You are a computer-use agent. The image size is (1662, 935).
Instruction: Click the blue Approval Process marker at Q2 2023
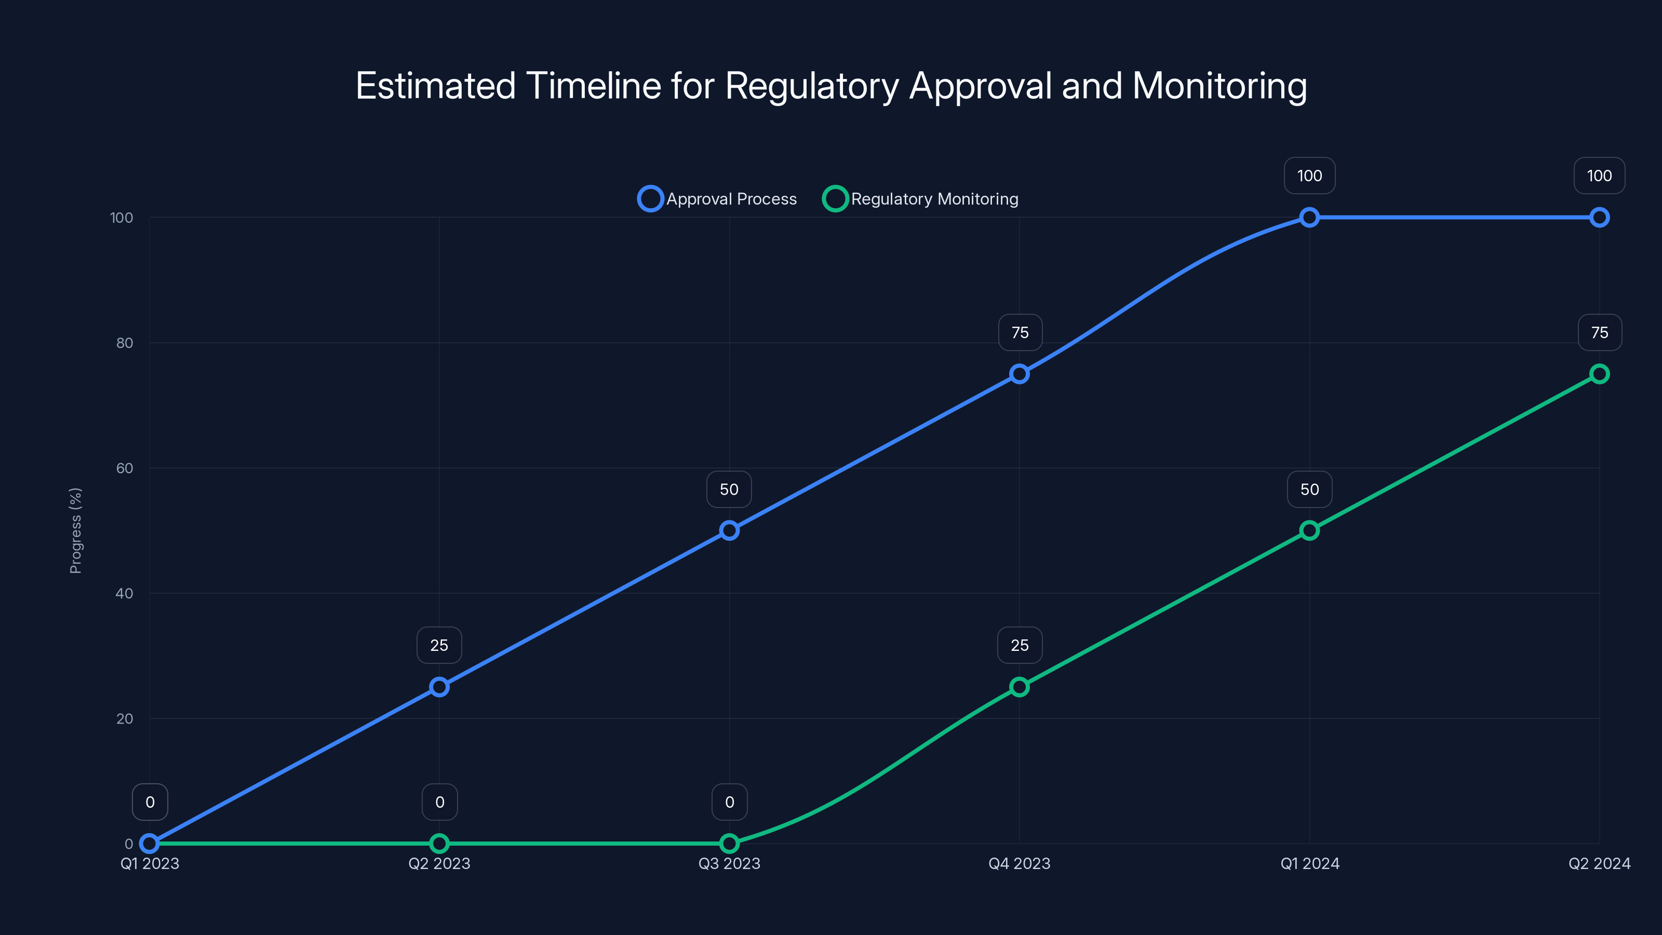pos(439,687)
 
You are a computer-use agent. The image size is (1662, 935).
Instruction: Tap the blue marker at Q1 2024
pos(1309,218)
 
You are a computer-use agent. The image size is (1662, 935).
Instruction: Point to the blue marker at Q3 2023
pos(729,530)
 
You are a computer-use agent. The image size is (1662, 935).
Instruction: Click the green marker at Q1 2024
pos(1309,530)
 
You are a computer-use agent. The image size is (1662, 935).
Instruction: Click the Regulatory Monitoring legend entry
pos(921,199)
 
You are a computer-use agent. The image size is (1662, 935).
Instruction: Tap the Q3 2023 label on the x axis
pos(729,863)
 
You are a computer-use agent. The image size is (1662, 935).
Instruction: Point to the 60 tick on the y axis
pos(125,469)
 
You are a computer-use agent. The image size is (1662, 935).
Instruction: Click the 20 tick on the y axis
pos(125,719)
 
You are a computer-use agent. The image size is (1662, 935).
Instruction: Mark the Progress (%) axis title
pos(75,530)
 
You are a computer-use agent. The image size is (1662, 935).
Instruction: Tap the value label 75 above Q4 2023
pos(1020,332)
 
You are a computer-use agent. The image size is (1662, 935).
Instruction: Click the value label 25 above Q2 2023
pos(439,645)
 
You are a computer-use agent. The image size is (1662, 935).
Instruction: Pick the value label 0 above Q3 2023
pos(730,802)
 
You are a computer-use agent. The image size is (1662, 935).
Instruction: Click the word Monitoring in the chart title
pos(1219,86)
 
